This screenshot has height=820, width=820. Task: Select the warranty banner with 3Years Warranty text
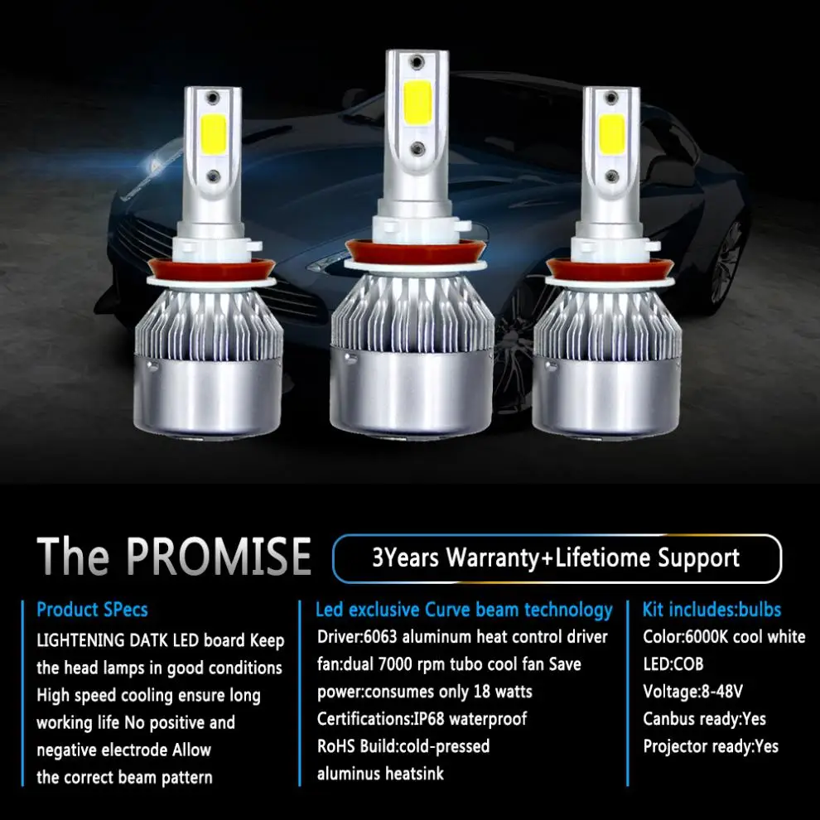pyautogui.click(x=556, y=558)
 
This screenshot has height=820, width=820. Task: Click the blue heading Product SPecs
pyautogui.click(x=92, y=610)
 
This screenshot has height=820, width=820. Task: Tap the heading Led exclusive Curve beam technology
pyautogui.click(x=464, y=610)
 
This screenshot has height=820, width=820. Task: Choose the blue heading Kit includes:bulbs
pyautogui.click(x=711, y=610)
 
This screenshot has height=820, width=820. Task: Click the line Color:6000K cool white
pyautogui.click(x=724, y=637)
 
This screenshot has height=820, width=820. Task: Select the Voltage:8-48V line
pyautogui.click(x=692, y=692)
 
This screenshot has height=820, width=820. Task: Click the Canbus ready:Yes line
pyautogui.click(x=704, y=719)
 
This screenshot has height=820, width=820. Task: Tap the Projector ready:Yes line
pyautogui.click(x=711, y=746)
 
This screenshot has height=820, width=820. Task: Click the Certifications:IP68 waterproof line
pyautogui.click(x=422, y=719)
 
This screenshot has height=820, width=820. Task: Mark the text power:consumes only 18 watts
pyautogui.click(x=424, y=692)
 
